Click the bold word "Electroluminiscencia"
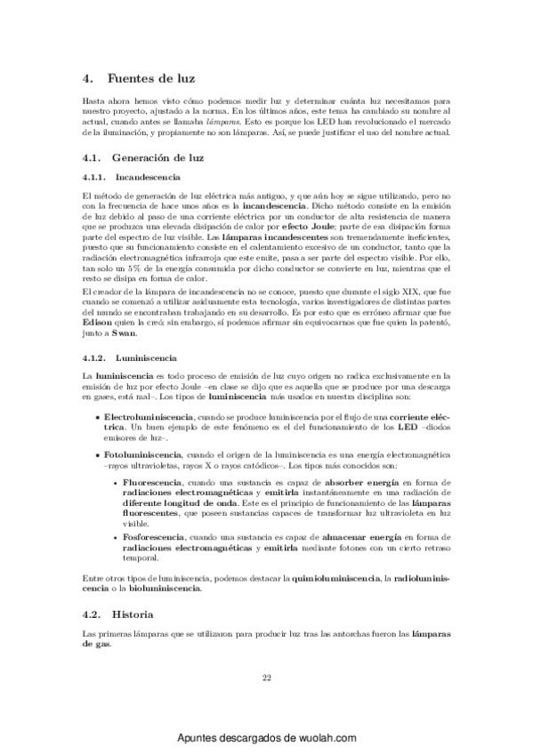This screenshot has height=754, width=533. click(146, 416)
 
